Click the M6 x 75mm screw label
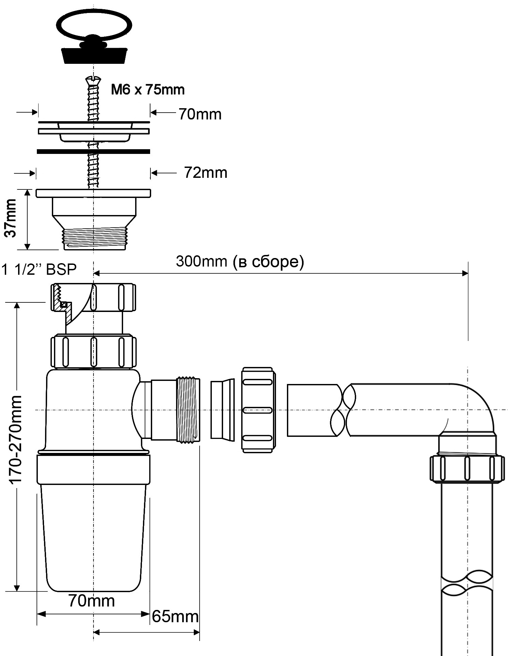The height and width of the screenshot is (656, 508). click(x=148, y=90)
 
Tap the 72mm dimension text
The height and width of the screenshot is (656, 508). click(x=205, y=173)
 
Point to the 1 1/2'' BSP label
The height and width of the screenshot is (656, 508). click(x=39, y=270)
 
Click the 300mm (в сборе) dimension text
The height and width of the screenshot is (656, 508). click(x=240, y=262)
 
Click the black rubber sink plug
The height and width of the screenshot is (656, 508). click(x=94, y=55)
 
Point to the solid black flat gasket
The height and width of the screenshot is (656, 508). click(x=93, y=151)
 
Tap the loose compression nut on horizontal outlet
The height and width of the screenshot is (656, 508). click(x=258, y=410)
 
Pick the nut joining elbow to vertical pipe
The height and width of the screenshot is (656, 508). click(x=467, y=468)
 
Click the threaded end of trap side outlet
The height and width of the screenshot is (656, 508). click(x=188, y=410)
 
